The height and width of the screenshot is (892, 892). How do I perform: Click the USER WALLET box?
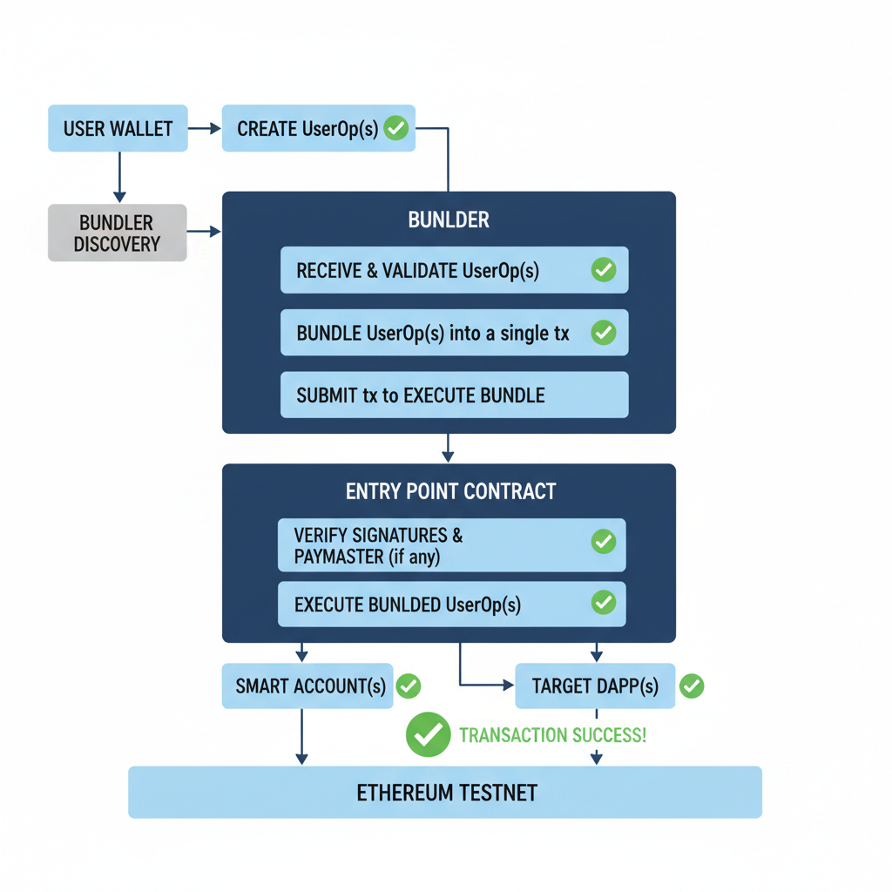click(x=118, y=129)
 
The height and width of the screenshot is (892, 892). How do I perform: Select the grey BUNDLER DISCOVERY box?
click(x=118, y=233)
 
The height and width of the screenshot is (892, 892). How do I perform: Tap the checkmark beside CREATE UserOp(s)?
click(x=396, y=129)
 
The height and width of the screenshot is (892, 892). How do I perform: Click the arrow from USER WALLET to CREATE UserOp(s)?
click(x=205, y=129)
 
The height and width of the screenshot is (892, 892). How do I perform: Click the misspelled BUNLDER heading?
click(x=449, y=220)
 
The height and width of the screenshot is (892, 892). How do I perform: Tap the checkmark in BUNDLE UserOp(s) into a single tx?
click(x=603, y=333)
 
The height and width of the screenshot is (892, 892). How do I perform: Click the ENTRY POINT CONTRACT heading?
click(x=450, y=491)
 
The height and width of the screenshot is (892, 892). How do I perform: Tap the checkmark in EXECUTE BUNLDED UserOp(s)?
click(x=603, y=603)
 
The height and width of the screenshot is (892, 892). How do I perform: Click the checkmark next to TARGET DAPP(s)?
click(x=692, y=686)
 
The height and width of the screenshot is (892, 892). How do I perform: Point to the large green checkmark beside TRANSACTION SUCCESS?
click(x=428, y=734)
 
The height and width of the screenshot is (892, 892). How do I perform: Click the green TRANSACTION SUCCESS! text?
click(x=552, y=735)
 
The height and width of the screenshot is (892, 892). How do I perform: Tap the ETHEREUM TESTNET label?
click(x=446, y=793)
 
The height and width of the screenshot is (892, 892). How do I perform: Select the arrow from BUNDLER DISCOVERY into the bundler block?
click(x=205, y=232)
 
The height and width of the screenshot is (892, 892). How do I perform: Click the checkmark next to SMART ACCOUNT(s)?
click(x=409, y=686)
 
